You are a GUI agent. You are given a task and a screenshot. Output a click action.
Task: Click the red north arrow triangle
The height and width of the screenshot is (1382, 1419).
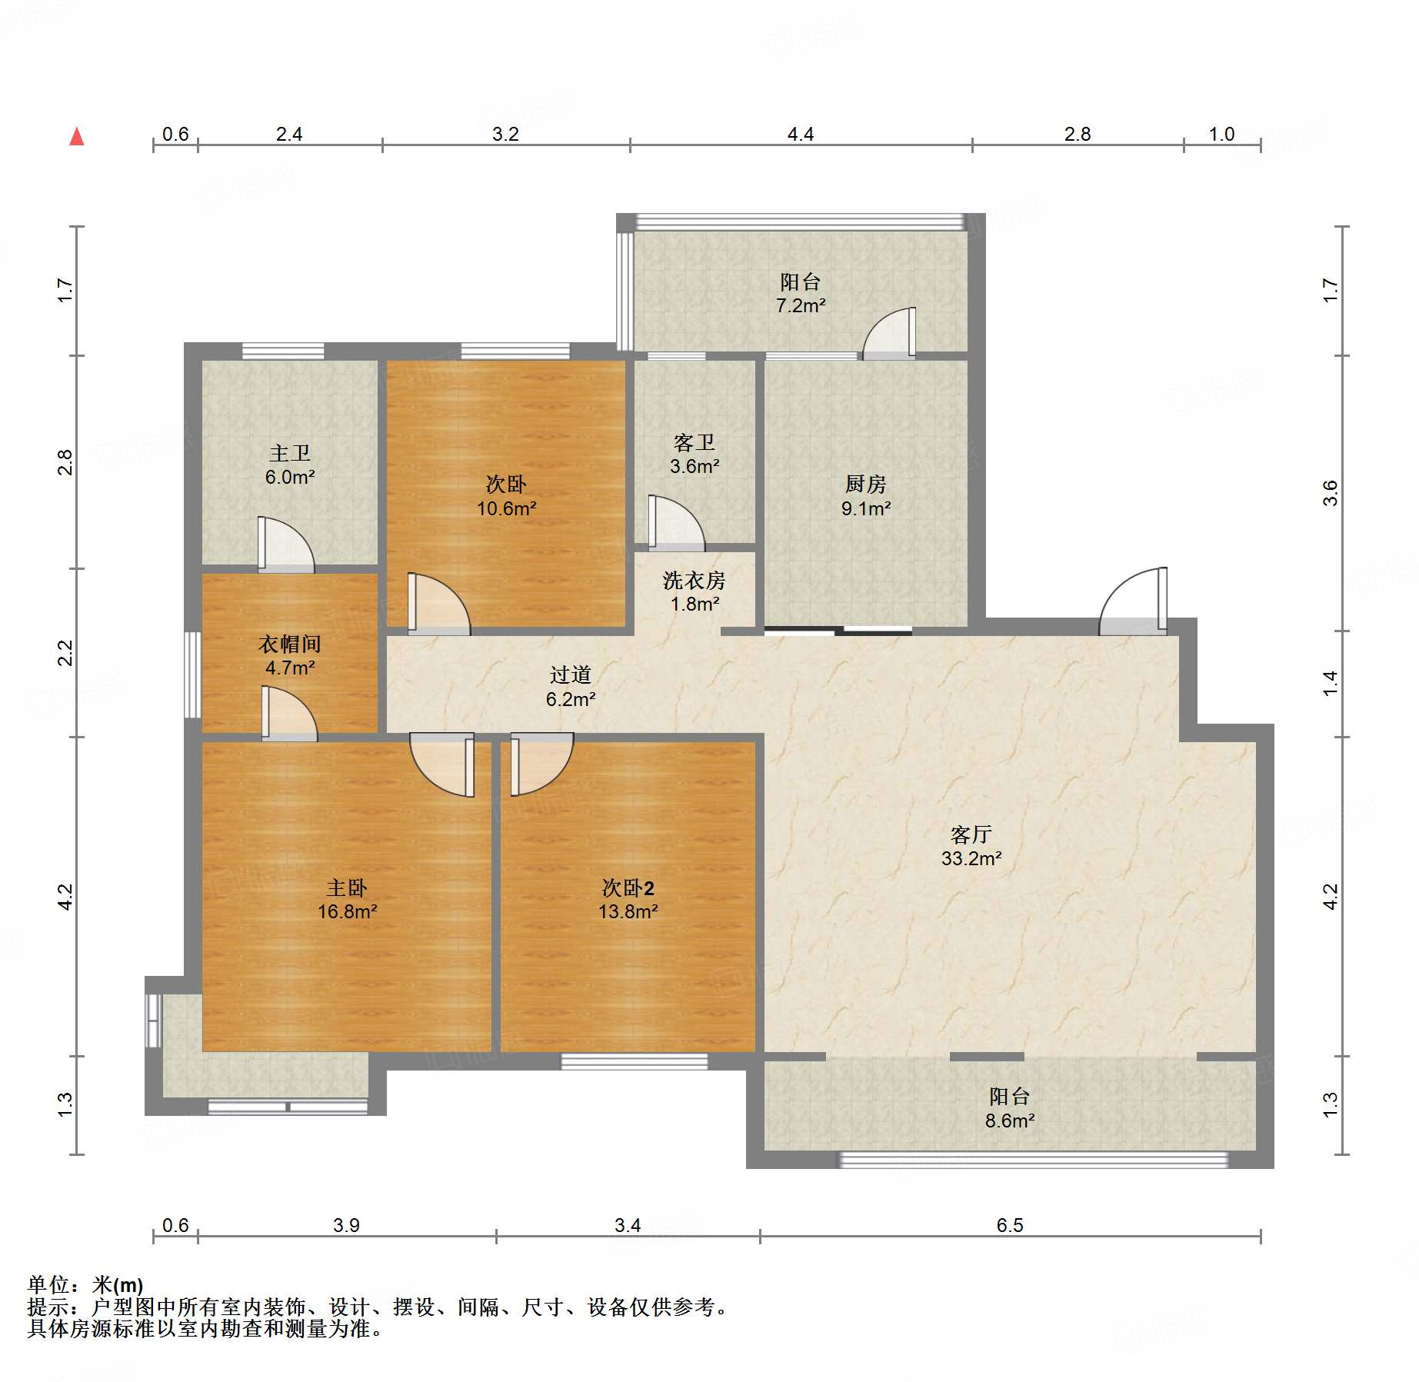[77, 136]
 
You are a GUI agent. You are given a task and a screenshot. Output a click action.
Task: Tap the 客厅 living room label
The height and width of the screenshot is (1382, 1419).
[971, 834]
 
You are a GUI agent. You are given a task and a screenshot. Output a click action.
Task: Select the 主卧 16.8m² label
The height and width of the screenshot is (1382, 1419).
[348, 900]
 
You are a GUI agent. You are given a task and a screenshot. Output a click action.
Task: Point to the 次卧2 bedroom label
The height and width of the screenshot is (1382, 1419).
[628, 888]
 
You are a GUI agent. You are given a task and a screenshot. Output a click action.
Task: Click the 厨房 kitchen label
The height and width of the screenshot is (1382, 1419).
[866, 484]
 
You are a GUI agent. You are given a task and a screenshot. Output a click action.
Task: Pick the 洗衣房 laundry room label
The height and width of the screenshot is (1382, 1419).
[695, 580]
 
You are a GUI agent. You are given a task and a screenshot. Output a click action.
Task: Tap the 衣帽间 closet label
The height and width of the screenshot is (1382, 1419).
[290, 644]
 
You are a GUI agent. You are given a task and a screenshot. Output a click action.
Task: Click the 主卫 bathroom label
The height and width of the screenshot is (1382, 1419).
[290, 453]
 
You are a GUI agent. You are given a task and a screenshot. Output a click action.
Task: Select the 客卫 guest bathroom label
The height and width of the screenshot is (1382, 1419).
[695, 442]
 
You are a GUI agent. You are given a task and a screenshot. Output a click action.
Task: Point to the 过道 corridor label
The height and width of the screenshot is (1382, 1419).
[571, 674]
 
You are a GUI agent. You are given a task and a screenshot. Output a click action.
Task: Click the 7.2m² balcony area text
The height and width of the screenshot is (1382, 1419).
[801, 305]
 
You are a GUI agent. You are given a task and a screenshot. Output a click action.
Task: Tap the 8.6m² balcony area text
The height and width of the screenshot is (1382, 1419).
[1010, 1121]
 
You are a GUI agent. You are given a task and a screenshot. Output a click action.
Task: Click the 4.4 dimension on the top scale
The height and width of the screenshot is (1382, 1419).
[801, 134]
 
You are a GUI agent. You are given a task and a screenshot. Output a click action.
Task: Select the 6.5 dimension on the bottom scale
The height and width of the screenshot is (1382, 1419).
[1010, 1225]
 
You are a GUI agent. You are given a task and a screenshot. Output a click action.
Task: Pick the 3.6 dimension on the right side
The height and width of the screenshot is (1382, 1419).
[1331, 493]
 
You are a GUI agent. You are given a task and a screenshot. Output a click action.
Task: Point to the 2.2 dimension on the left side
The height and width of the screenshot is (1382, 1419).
[65, 653]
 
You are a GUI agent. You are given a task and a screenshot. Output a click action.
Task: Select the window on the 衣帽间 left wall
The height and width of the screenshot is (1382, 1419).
[192, 674]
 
